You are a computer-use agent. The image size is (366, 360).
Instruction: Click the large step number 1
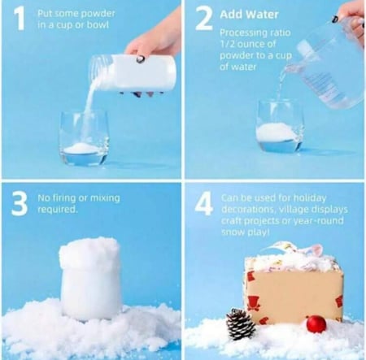(19, 18)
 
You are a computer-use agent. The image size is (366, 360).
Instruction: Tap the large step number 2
(204, 18)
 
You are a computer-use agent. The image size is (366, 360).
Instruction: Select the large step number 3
(20, 204)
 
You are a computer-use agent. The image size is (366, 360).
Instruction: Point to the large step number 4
(203, 204)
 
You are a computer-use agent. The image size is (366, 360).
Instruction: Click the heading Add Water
(249, 15)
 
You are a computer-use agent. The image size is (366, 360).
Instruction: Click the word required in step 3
(58, 210)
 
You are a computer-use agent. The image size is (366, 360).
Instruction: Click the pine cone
(241, 323)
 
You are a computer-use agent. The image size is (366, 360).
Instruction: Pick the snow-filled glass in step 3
(90, 279)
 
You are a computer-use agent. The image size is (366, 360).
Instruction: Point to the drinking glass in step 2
(280, 126)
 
